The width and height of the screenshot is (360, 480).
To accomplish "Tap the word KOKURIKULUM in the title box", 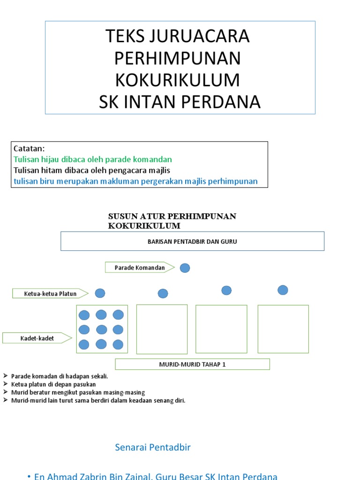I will (x=178, y=80).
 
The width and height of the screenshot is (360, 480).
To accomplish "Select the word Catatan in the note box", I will (x=29, y=149).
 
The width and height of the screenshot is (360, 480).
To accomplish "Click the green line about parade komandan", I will (x=93, y=159).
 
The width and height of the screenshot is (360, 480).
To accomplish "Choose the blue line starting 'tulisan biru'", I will (x=135, y=181).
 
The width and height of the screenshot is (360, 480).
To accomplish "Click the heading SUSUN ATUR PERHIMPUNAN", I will (x=172, y=216).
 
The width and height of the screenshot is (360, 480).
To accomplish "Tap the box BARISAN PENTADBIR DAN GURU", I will (x=193, y=241).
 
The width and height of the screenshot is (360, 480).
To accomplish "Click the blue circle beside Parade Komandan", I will (x=185, y=268).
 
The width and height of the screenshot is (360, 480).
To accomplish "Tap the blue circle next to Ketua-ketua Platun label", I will (x=100, y=293).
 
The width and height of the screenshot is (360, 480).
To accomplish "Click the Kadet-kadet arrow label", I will (x=37, y=338).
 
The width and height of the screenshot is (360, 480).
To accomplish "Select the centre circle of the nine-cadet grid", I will (x=101, y=330).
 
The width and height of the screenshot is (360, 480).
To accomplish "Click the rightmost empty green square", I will (x=283, y=329).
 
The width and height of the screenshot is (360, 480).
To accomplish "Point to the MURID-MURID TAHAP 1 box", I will (x=193, y=364).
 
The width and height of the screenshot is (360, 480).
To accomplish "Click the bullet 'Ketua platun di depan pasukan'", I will (x=53, y=384).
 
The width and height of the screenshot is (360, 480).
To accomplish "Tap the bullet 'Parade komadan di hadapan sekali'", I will (x=60, y=376).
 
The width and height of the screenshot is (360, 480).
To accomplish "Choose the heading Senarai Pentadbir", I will (x=153, y=447).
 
